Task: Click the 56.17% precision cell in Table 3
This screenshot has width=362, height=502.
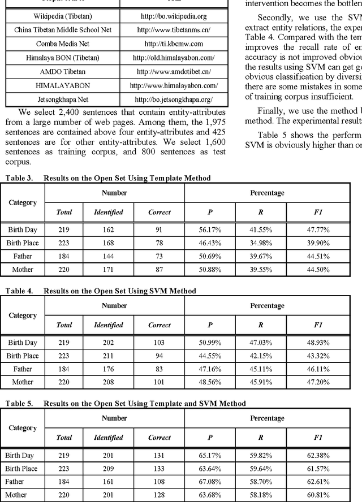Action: pos(210,230)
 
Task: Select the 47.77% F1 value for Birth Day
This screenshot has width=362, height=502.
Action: pos(318,230)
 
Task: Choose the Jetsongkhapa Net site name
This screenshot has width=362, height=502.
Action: pos(62,99)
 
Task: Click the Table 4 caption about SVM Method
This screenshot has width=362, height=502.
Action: pos(101,291)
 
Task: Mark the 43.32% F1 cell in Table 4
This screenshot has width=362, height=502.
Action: pos(318,356)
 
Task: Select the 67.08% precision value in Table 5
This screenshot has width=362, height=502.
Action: pos(210,482)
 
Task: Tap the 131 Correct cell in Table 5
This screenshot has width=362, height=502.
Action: pos(159,455)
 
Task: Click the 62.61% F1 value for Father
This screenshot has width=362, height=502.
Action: pos(318,482)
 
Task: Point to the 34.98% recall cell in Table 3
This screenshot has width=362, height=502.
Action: pos(261,243)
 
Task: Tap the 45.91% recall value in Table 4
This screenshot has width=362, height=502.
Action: pos(261,382)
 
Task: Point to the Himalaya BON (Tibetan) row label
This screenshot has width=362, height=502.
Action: pos(62,58)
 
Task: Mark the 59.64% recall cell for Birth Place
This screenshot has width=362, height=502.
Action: pos(261,468)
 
